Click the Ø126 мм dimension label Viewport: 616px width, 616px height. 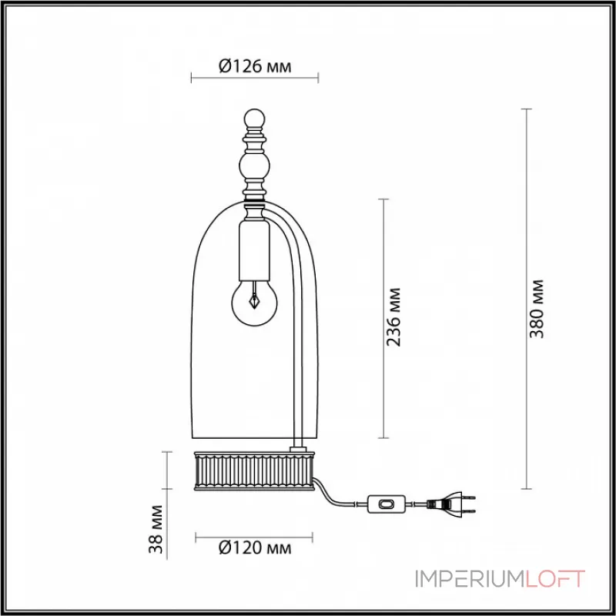tap(255, 66)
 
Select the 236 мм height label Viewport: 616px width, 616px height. tap(394, 318)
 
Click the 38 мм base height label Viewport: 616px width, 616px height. tap(156, 528)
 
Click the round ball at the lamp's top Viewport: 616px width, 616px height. tap(254, 119)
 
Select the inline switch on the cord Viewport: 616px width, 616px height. tap(388, 504)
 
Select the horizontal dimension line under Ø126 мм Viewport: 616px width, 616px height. tap(254, 78)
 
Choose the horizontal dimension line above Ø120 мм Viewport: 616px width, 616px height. tap(254, 534)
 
